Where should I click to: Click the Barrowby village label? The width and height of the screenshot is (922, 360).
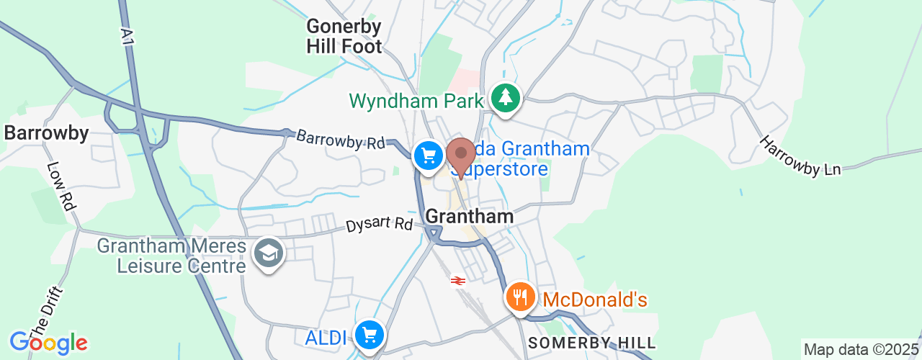[x=46, y=133]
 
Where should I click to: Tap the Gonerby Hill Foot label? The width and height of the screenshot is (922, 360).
[x=344, y=37]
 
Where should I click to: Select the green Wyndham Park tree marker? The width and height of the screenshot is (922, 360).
[x=506, y=97]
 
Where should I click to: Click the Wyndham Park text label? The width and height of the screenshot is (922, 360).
[x=416, y=101]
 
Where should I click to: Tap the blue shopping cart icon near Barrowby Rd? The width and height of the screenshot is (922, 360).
[x=429, y=155]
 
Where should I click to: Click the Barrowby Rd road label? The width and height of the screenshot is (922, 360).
[x=341, y=139]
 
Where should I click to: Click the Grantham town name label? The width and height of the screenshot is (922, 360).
[x=470, y=216]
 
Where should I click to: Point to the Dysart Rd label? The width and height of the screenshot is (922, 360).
[x=378, y=225]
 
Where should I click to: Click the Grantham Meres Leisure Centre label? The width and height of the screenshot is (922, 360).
[x=171, y=256]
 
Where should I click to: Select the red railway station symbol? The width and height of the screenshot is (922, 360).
[x=457, y=281]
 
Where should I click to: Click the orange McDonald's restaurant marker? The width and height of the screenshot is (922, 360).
[x=519, y=297]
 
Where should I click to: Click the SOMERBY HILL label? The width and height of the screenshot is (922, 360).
[x=591, y=343]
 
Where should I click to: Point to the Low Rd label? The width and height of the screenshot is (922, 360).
[x=61, y=186]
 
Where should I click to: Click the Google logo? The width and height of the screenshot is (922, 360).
[x=48, y=342]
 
